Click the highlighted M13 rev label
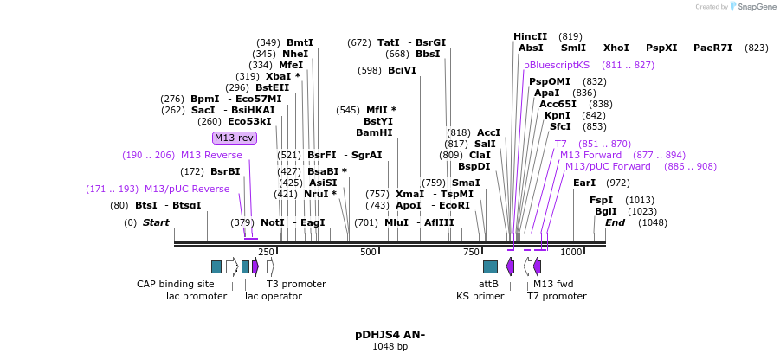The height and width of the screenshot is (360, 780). [x=235, y=138]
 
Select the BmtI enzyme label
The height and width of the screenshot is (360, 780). [x=300, y=42]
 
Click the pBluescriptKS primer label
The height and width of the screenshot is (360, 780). [x=557, y=65]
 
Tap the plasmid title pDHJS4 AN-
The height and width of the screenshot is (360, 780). [x=390, y=334]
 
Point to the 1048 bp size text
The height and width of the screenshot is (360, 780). [x=390, y=347]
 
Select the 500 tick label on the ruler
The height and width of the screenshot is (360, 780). [x=369, y=252]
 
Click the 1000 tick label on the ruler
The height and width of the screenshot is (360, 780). [x=571, y=252]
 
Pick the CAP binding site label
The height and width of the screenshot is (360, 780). [x=175, y=284]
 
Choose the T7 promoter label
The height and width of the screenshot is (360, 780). [x=557, y=296]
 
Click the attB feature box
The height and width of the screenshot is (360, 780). [x=490, y=267]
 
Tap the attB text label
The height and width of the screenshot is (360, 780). [x=488, y=284]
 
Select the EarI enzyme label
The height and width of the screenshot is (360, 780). [x=584, y=183]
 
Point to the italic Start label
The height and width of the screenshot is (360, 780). [x=156, y=222]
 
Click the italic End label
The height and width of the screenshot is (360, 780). [x=615, y=222]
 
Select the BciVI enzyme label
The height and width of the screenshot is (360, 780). [x=402, y=70]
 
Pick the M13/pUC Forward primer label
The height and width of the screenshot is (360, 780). [x=608, y=166]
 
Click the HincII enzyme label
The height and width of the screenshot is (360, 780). [x=530, y=36]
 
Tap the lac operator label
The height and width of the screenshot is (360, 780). [x=274, y=296]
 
